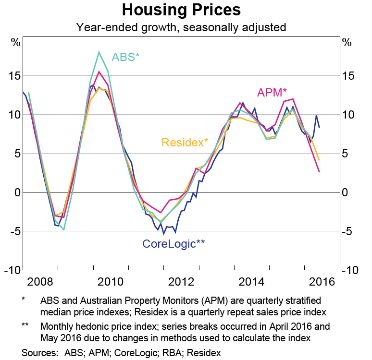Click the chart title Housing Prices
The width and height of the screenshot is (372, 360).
[x=181, y=10]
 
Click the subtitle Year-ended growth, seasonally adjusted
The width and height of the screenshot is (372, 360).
[x=181, y=27]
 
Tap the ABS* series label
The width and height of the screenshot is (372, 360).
[x=125, y=57]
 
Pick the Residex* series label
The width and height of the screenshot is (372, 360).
[x=185, y=143]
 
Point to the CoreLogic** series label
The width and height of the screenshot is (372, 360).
[x=174, y=243]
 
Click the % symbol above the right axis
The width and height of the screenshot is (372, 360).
[x=347, y=42]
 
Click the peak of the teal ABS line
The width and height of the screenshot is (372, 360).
[x=99, y=52]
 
